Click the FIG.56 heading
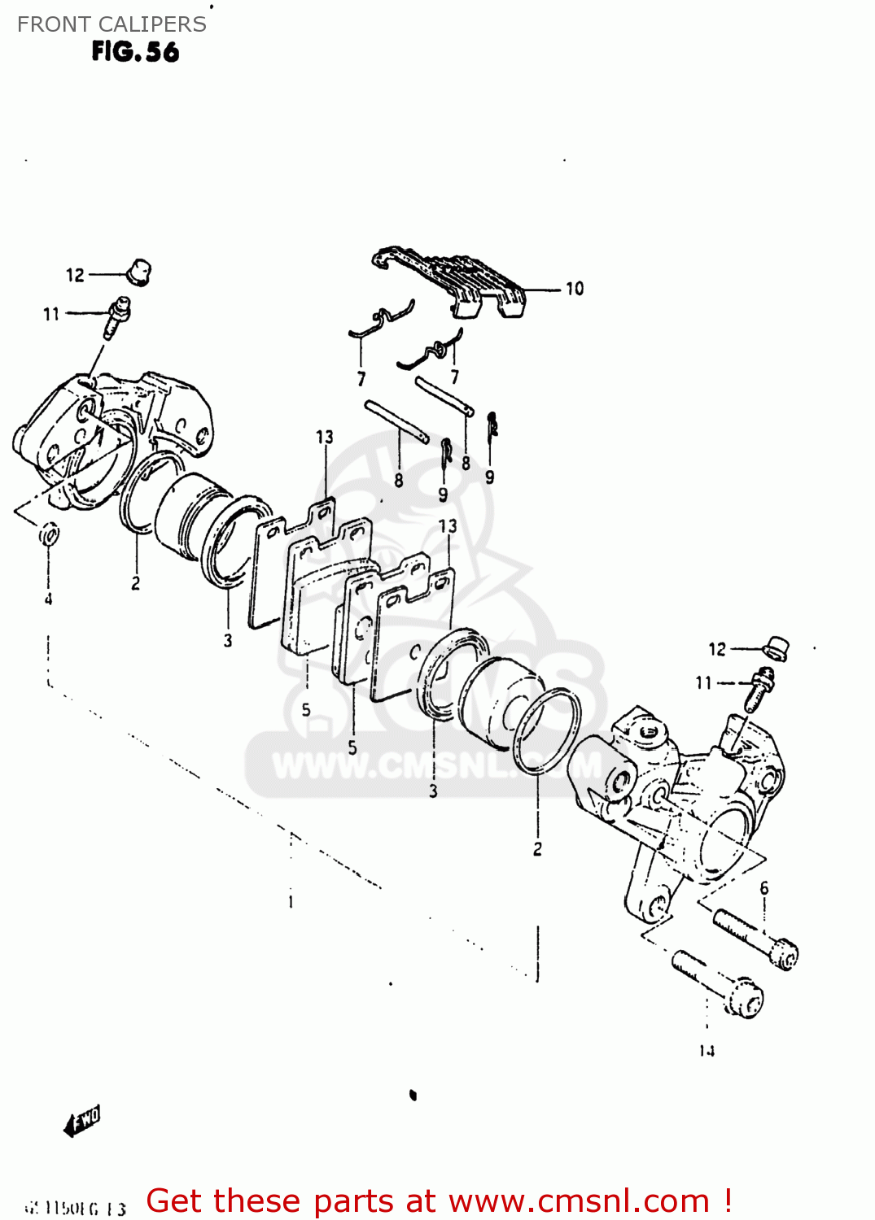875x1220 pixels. click(x=135, y=52)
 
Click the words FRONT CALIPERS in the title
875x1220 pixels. click(x=112, y=24)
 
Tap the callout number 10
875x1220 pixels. click(x=575, y=289)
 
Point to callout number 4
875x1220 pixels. click(x=48, y=599)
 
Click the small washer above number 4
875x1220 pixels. click(x=49, y=535)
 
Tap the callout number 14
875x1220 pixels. click(x=707, y=1051)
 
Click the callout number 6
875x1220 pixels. click(x=764, y=888)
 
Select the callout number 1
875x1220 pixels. click(x=291, y=902)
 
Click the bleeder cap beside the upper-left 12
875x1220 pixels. click(x=140, y=271)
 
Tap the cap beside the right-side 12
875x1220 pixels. click(x=777, y=647)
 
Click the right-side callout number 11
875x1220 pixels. click(x=704, y=683)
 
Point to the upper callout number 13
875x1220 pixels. click(x=325, y=438)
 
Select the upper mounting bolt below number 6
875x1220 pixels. click(x=756, y=939)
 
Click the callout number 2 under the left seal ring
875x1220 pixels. click(x=135, y=583)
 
